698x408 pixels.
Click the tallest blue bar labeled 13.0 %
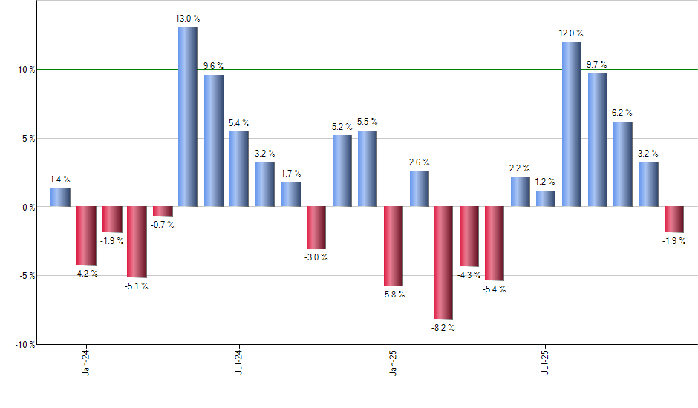[188, 117]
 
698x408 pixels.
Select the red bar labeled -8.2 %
[444, 263]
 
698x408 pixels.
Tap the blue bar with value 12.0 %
[572, 124]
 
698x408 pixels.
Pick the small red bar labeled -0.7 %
[163, 211]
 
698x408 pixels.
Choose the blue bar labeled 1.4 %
[61, 197]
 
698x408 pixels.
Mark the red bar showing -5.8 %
[393, 246]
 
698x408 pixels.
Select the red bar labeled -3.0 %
[316, 228]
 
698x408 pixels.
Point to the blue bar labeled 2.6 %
[419, 189]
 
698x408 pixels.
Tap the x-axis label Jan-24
[86, 362]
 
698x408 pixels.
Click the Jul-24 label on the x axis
[239, 362]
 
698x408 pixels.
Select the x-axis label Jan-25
[393, 362]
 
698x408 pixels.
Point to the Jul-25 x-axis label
[546, 362]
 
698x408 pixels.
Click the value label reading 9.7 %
[597, 65]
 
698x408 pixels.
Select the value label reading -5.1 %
[137, 286]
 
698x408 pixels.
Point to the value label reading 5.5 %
[368, 122]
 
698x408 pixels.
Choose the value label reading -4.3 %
[469, 275]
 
